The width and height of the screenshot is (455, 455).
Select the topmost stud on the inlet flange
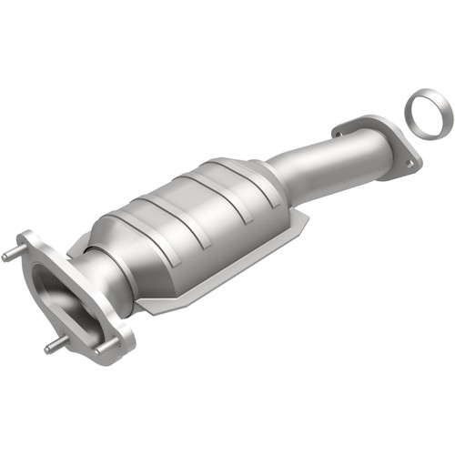coord(12,256)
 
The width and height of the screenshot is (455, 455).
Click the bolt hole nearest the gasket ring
coord(409,165)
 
